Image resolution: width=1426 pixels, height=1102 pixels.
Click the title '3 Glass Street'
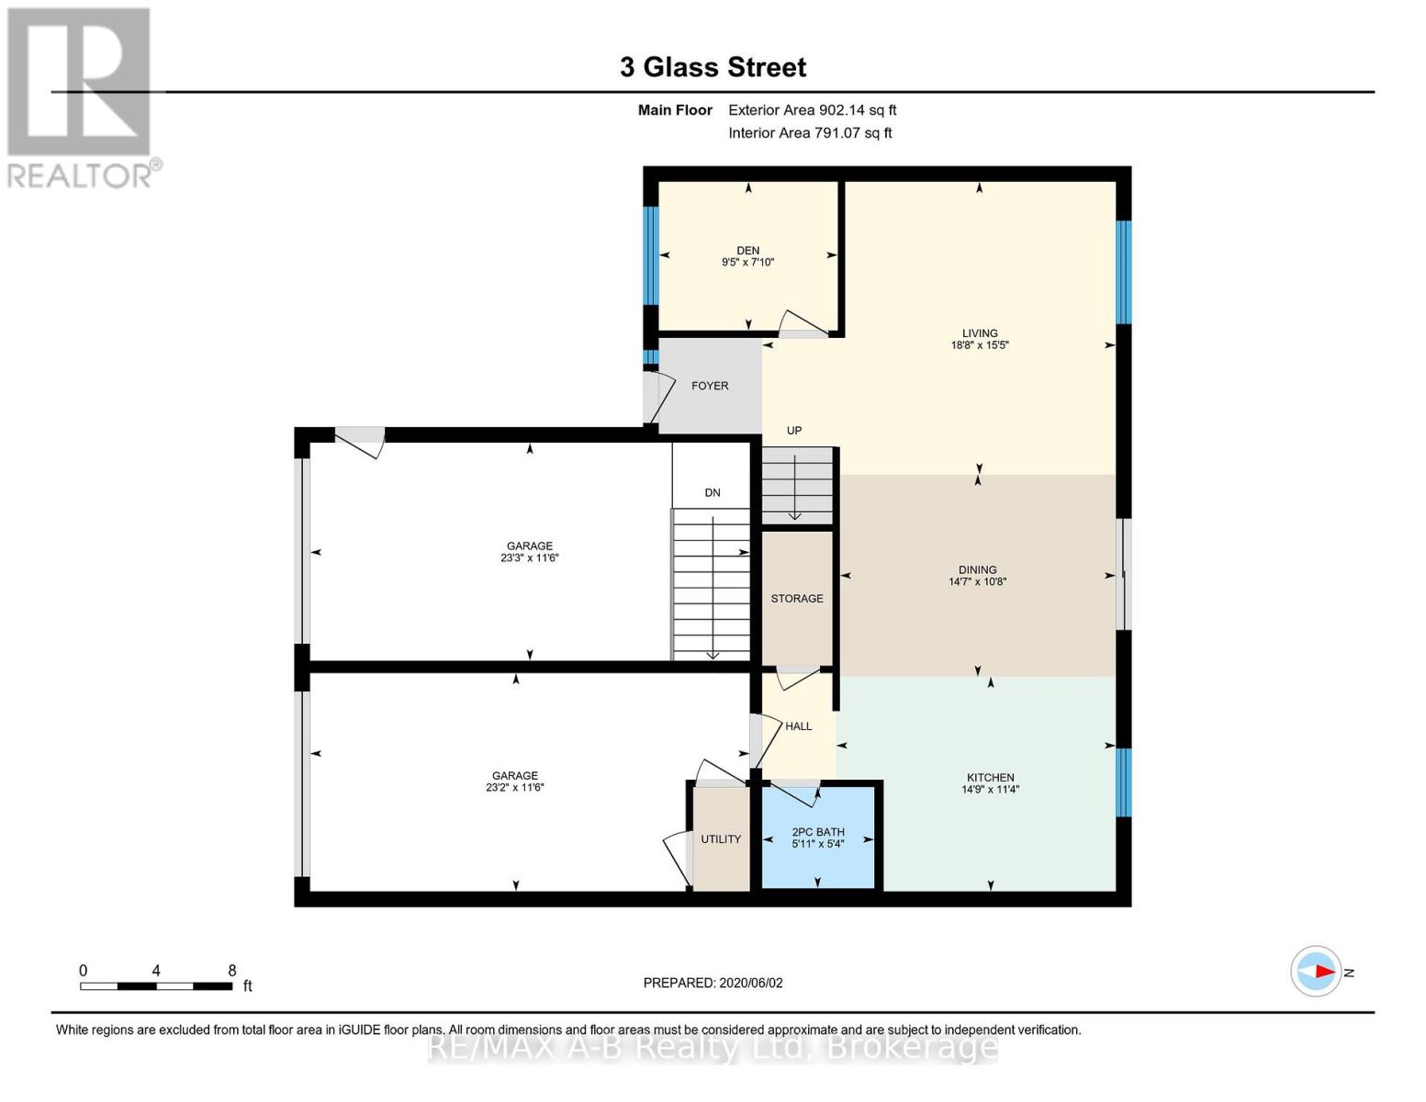coord(713,67)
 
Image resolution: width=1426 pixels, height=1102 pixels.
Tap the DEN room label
coord(747,250)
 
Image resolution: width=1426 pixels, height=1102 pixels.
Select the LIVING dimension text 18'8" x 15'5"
coord(980,346)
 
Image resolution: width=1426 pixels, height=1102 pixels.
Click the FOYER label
coord(710,386)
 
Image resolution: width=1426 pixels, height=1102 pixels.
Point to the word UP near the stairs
coord(794,431)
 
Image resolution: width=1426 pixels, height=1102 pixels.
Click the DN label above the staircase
coord(713,493)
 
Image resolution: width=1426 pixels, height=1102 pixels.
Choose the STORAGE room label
coord(797,599)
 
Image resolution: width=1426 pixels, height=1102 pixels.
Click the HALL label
coord(798,726)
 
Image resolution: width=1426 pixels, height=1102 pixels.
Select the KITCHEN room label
coord(990,777)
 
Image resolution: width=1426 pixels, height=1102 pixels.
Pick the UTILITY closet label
coord(721,839)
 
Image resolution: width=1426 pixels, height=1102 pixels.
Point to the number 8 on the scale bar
coord(232,971)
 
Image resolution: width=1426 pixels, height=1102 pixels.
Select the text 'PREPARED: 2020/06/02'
coord(713,983)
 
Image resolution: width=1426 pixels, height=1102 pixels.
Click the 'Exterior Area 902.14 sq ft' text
coord(812,110)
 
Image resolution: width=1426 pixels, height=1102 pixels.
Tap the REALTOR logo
coord(81,96)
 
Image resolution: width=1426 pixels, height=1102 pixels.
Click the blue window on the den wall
coord(650,254)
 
